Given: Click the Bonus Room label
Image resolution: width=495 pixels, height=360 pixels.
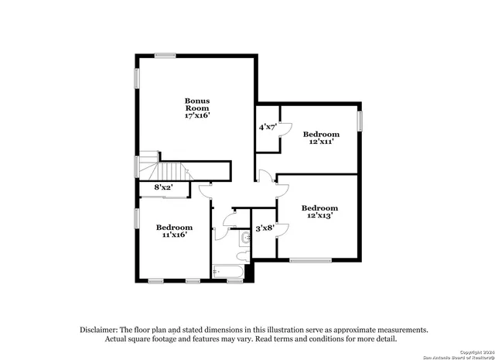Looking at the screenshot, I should [x=197, y=105].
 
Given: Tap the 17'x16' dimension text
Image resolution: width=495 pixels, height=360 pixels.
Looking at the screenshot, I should [x=197, y=116].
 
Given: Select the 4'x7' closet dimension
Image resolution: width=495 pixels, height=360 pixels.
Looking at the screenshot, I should [x=268, y=126].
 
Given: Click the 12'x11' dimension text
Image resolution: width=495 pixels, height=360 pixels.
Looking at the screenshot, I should [x=319, y=142].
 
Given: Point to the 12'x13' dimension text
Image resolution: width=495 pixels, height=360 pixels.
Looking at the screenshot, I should [x=319, y=216].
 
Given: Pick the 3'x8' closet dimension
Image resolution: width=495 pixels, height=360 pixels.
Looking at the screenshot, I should [x=265, y=228].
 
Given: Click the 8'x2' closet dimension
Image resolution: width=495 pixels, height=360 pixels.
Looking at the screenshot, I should [x=163, y=187].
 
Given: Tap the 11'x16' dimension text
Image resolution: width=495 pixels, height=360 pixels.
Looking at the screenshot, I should [x=174, y=235].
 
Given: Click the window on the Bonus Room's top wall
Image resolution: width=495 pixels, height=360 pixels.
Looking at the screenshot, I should [x=165, y=55].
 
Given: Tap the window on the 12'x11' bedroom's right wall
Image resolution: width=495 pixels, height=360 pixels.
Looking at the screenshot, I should [x=360, y=121].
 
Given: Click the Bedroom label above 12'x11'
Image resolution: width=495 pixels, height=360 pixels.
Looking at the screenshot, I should [x=319, y=133].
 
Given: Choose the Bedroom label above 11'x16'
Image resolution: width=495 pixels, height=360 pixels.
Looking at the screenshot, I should [x=174, y=227].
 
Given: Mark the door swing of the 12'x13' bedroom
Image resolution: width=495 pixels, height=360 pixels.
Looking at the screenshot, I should [x=283, y=190].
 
